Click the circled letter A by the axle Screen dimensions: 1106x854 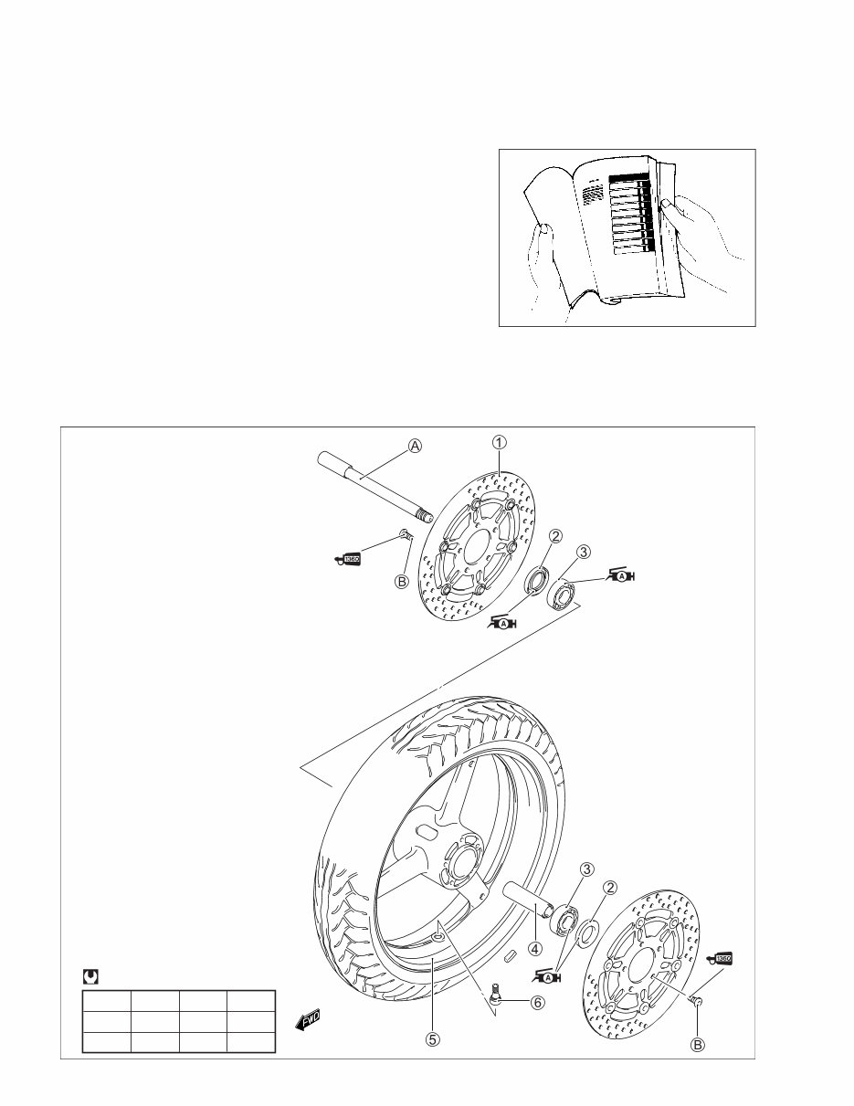(416, 446)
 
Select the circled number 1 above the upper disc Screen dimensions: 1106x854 (500, 441)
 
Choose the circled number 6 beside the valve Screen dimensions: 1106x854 (538, 1002)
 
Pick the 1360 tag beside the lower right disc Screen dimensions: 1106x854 (721, 959)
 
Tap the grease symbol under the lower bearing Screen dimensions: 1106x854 (548, 977)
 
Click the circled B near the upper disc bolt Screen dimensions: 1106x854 (401, 581)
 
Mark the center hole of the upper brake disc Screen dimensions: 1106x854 (476, 549)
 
